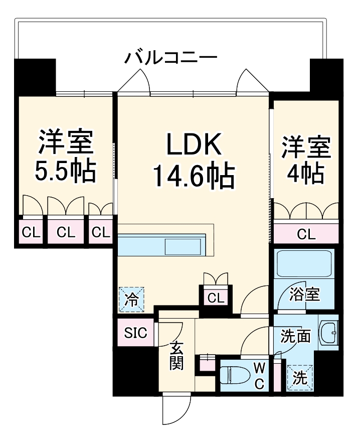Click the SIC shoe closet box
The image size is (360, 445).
(x=136, y=333)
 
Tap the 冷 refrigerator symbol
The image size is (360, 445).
(x=131, y=300)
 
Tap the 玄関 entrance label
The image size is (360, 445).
(x=176, y=356)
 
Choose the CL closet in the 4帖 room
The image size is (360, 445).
(x=306, y=233)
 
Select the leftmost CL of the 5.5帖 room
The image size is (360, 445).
(x=30, y=232)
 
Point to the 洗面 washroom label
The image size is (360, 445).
(x=296, y=336)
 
